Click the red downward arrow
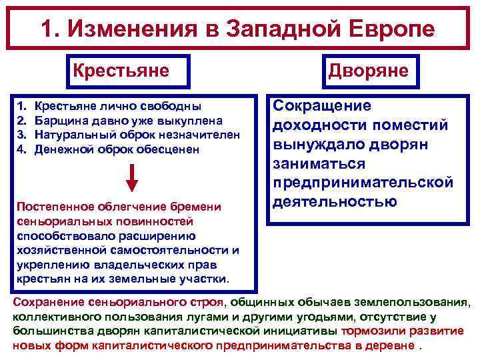tap(132, 177)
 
